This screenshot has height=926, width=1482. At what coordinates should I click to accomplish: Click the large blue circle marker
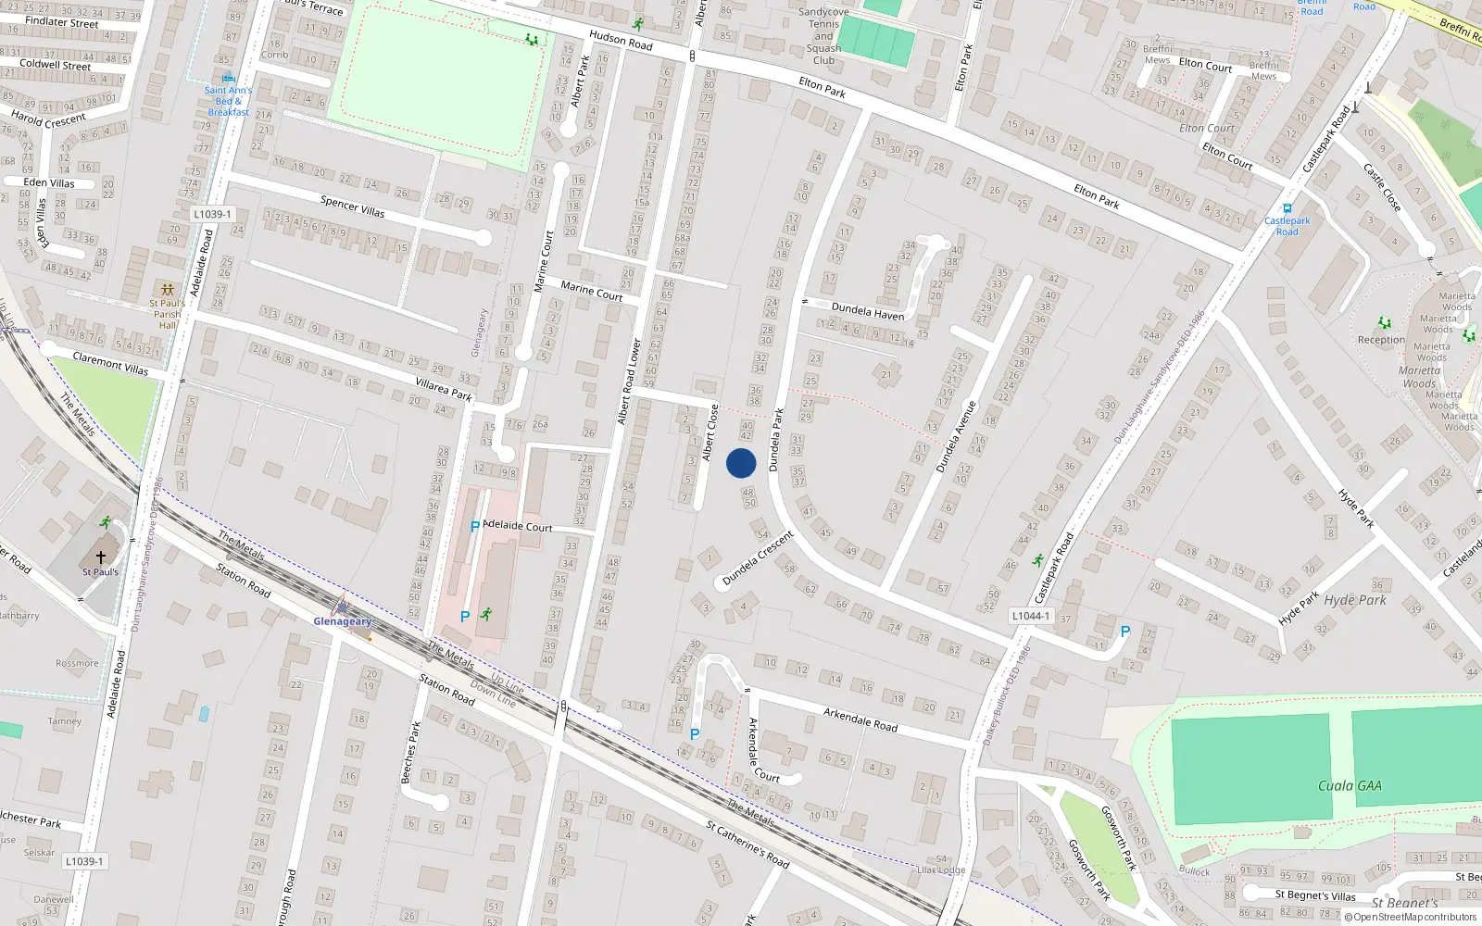click(741, 463)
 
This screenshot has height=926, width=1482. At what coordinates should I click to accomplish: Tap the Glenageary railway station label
click(342, 621)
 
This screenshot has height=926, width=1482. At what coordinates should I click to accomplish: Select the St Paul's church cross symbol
click(101, 557)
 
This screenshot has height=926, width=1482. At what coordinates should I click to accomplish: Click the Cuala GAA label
click(1350, 785)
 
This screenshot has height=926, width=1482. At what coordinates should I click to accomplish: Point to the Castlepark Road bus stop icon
click(1287, 208)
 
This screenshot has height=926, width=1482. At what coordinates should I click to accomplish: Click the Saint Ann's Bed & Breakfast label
click(228, 101)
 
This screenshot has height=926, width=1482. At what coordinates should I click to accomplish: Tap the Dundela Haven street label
click(868, 311)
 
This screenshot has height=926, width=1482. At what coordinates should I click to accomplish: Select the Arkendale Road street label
click(860, 719)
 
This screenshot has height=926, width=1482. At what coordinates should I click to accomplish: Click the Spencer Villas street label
click(352, 206)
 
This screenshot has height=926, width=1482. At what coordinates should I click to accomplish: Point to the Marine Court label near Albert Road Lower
click(592, 291)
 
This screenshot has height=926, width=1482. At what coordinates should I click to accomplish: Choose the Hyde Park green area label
click(1355, 600)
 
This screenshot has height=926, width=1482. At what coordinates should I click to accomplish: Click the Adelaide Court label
click(518, 526)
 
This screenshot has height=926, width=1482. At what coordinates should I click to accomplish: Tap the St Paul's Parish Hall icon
click(167, 290)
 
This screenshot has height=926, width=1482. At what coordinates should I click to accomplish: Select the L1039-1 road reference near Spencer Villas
click(212, 214)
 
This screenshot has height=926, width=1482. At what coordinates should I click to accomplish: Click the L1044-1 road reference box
click(1031, 616)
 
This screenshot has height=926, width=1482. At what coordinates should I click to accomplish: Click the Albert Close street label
click(710, 432)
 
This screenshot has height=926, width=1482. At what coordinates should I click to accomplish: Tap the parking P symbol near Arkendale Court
click(695, 734)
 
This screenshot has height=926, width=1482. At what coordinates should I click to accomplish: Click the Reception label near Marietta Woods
click(1381, 340)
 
